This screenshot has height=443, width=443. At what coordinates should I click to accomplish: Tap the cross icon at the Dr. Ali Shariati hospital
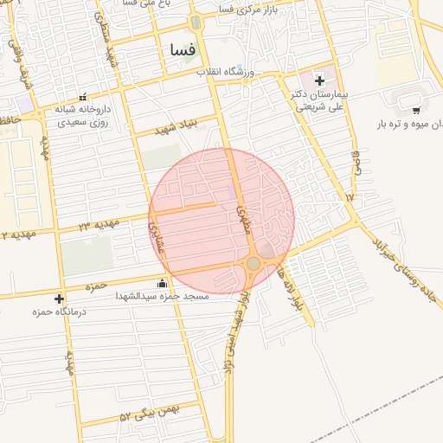(319, 80)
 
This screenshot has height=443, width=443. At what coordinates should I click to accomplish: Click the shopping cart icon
(416, 110)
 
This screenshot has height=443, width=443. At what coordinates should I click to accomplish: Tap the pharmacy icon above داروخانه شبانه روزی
(83, 97)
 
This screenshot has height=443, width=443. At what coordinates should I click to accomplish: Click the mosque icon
(162, 283)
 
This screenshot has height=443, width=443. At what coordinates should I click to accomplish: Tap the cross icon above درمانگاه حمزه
(59, 299)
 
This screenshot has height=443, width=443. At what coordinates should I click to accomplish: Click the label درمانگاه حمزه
(55, 311)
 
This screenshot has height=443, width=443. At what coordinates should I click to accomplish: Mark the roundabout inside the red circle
(253, 263)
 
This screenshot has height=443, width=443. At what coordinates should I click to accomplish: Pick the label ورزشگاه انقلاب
(248, 70)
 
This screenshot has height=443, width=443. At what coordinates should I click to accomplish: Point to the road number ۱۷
(350, 197)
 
